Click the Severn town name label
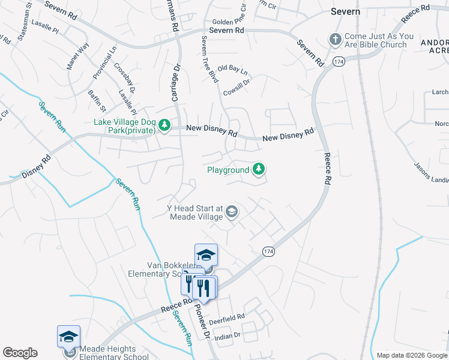[346, 11]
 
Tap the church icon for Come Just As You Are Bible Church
[335, 40]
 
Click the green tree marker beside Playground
[258, 170]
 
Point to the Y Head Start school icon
[232, 211]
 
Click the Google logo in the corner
[20, 353]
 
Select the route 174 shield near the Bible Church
[339, 62]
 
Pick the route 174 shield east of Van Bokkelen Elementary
[268, 251]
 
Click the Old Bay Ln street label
[232, 69]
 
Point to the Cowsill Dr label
[236, 85]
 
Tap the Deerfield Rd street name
[228, 316]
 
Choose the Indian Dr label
[228, 336]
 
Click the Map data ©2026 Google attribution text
[412, 355]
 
